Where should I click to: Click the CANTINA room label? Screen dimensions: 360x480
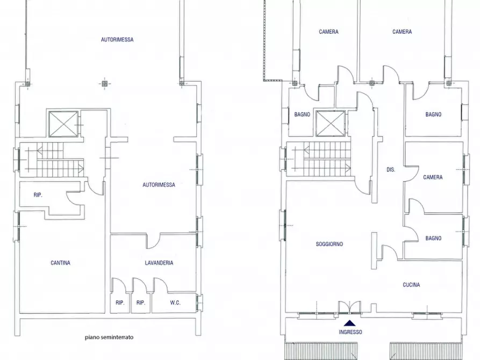tap(60, 263)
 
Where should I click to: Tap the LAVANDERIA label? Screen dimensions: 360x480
tap(159, 263)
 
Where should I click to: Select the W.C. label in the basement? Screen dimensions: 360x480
tap(175, 303)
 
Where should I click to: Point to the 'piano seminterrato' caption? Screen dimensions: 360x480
tap(109, 337)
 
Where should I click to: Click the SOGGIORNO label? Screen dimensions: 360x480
tap(329, 244)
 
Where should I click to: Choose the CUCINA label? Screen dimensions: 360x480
tap(411, 285)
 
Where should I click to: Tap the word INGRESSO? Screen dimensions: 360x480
tap(350, 332)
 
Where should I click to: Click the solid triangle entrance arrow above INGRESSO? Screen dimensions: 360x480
tap(350, 323)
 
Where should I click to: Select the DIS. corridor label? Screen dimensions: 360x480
tap(391, 169)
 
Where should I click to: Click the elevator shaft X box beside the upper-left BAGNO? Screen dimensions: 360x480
tap(330, 124)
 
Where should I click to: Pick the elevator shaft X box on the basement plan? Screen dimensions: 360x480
tap(63, 124)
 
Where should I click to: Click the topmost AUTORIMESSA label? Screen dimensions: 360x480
tap(117, 40)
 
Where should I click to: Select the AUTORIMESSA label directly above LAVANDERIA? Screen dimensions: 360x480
tap(159, 185)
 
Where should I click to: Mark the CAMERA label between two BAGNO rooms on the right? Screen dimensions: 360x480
tap(433, 177)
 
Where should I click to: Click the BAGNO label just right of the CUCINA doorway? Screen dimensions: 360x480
tap(433, 238)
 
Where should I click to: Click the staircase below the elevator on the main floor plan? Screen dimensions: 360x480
tap(318, 159)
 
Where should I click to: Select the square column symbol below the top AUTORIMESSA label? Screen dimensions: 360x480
tap(103, 83)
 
